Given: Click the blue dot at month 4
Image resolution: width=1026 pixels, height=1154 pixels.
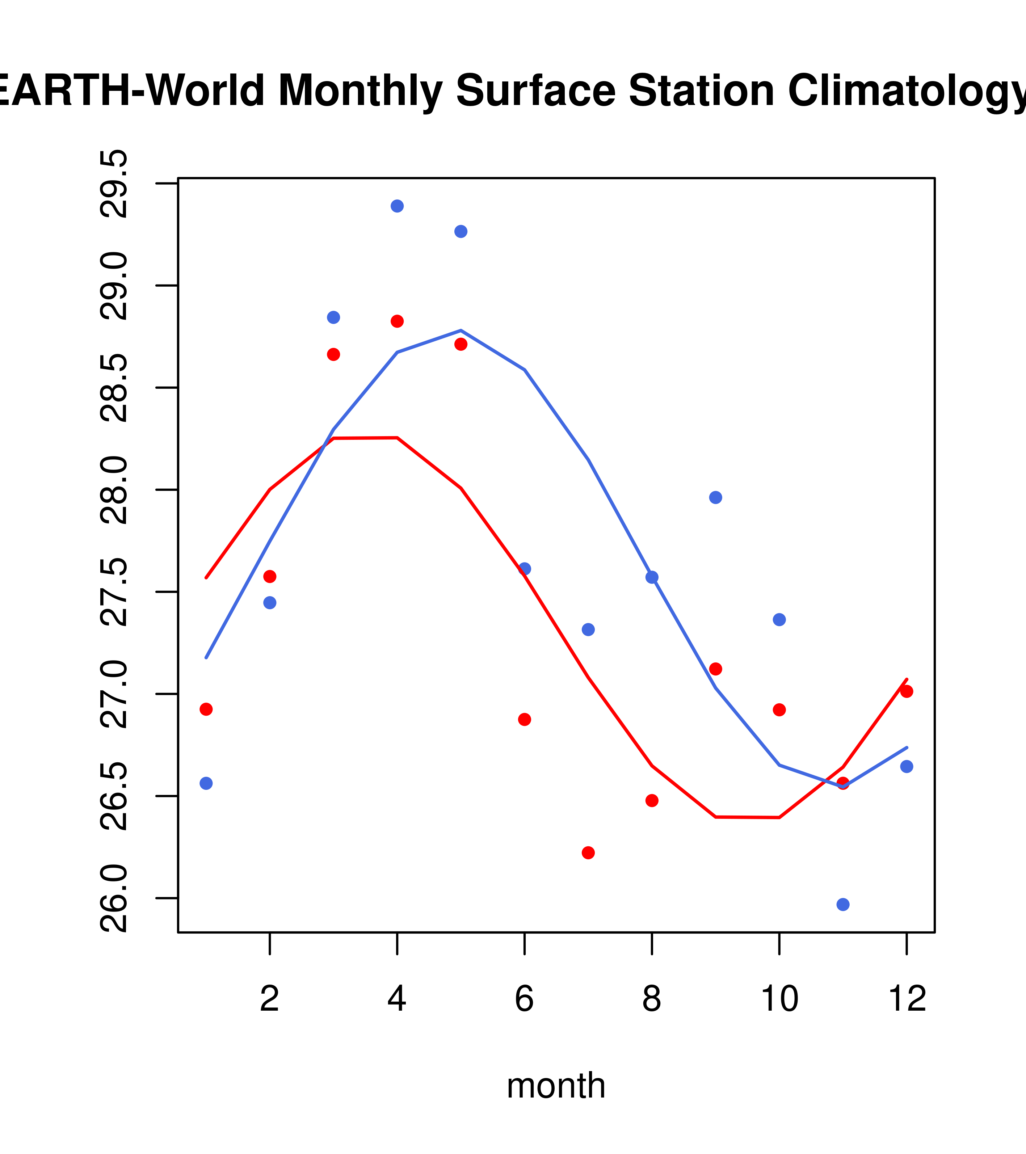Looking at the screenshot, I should pos(397,206).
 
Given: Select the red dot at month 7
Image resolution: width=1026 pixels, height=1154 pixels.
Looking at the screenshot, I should pos(588,852).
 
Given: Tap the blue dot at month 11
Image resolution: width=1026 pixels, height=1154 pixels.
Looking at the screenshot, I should pos(842,905).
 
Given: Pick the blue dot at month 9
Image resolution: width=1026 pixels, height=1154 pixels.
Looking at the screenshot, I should pos(715,497).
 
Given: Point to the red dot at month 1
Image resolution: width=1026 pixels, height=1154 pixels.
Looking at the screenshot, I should pos(206,709).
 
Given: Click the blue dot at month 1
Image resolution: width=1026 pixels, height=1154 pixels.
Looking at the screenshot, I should pos(206,783).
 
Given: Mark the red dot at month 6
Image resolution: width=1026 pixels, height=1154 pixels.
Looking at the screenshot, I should pos(525,719).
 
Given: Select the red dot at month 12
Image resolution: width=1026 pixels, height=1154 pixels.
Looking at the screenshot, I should pos(906,691).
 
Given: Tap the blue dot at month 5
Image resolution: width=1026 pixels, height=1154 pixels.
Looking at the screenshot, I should pos(461,231).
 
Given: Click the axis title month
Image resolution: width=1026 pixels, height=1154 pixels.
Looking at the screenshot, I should pos(556,1085).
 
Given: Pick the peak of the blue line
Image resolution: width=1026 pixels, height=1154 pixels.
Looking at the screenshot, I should pos(461,330).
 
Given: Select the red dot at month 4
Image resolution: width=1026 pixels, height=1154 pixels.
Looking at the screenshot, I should pos(397,321).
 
